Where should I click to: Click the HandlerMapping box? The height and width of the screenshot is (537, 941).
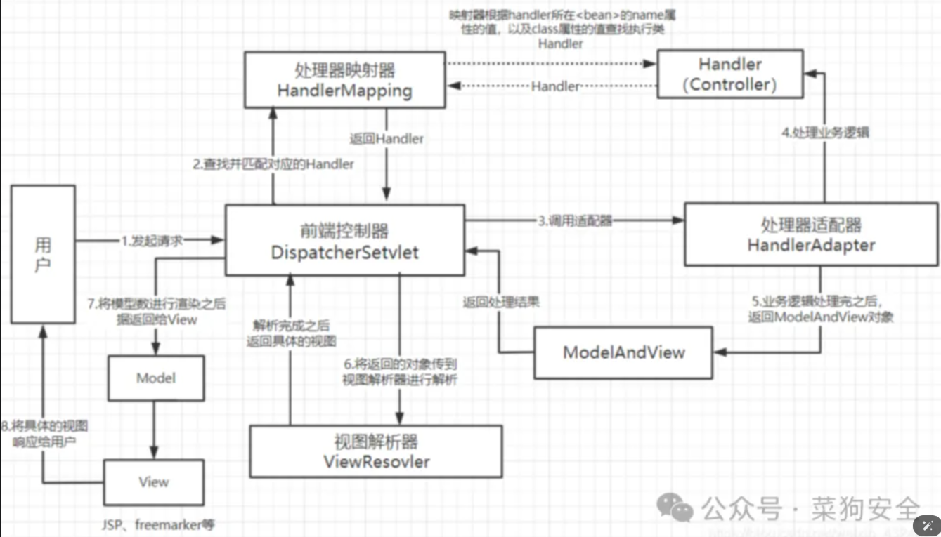tap(344, 79)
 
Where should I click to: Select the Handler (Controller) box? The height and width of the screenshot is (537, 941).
tap(730, 74)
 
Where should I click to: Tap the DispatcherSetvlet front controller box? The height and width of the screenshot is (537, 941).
tap(344, 241)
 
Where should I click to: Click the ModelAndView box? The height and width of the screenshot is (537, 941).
tap(623, 352)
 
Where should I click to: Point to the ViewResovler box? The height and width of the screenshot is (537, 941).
tap(376, 451)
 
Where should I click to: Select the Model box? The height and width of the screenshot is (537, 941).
tap(156, 378)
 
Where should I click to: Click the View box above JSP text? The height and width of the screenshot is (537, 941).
tap(153, 482)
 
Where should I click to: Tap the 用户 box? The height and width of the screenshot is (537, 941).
tap(43, 254)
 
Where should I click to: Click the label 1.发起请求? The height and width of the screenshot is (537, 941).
tap(152, 241)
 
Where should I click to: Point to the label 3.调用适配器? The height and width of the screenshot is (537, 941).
tap(575, 221)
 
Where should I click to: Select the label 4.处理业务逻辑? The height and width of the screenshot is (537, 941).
tap(826, 133)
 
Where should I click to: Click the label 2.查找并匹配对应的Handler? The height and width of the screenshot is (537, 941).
tap(273, 164)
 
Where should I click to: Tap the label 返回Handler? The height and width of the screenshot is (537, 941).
tap(387, 139)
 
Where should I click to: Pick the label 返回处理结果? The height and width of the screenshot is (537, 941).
tap(501, 303)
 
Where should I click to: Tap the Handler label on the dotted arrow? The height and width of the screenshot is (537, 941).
tap(555, 86)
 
